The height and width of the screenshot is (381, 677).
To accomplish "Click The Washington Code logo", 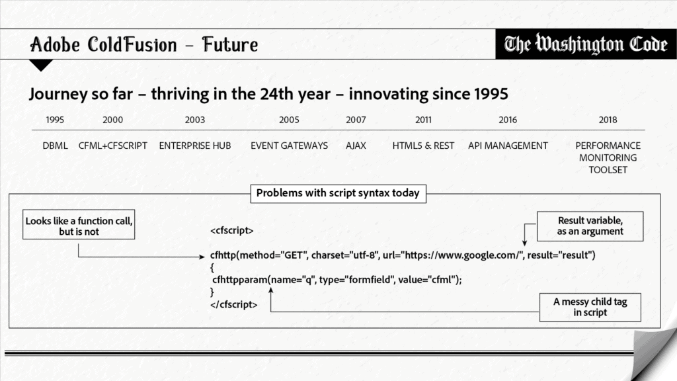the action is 586,44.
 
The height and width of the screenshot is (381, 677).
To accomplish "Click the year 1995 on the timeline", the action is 55,120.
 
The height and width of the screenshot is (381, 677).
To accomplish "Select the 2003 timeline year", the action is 195,120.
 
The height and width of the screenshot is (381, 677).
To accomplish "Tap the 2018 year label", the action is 608,120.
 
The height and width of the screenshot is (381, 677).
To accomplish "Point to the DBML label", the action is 55,146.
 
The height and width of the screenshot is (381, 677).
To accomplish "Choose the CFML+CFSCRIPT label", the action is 112,146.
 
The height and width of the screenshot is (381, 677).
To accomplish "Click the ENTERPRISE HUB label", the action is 195,146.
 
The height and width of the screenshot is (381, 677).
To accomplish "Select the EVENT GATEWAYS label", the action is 289,146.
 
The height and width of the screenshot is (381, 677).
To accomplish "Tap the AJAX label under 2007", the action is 356,146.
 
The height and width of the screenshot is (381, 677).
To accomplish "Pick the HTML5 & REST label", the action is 423,146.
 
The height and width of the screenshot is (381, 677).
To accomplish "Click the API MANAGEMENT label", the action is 508,146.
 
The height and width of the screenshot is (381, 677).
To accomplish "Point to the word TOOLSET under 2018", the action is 608,170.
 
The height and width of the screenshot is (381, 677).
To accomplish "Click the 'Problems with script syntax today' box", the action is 338,193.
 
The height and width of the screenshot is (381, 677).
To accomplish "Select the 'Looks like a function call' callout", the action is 79,225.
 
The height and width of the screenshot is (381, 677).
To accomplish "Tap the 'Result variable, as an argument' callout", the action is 590,226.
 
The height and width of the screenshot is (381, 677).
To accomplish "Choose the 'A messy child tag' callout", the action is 590,307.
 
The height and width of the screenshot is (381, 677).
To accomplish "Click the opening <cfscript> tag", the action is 232,230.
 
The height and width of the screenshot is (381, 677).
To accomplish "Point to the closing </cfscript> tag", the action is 233,304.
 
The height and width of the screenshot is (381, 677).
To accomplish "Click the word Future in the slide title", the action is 230,44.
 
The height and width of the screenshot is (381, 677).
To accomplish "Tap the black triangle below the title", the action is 41,64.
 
